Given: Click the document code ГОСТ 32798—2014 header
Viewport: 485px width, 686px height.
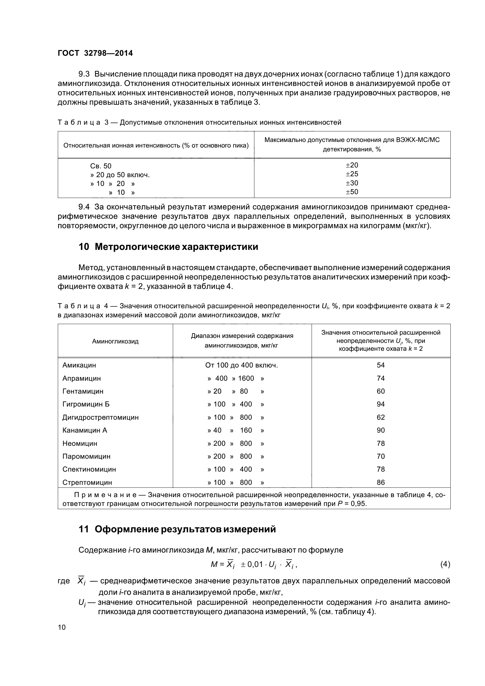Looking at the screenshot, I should [95, 53].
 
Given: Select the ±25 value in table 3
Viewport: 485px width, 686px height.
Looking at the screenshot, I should [352, 174].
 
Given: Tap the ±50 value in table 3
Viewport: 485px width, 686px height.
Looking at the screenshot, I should [352, 192].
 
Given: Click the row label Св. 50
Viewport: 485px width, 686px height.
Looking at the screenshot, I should [101, 166].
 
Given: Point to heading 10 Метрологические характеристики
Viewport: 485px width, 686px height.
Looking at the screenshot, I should [168, 247].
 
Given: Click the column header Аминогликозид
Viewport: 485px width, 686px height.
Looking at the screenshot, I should [115, 341].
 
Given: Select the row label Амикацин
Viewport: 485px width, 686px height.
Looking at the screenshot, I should [79, 365].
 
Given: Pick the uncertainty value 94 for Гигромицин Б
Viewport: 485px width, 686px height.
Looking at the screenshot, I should [381, 404].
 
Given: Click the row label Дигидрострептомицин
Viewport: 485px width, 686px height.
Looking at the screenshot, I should [100, 417].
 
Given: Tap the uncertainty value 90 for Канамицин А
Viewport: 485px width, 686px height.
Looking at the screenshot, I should [381, 430].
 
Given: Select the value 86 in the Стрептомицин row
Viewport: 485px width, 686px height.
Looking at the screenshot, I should [381, 482].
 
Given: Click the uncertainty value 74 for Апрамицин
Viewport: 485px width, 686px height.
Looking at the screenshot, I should [381, 378].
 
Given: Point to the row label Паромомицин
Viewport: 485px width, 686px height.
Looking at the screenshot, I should [86, 456].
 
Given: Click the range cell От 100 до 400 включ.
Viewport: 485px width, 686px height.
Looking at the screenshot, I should [241, 365].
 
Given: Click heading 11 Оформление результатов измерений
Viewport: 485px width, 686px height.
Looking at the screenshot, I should [177, 529].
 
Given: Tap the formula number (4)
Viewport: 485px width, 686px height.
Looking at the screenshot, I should [445, 564].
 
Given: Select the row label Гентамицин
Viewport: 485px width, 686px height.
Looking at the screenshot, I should [83, 391].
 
